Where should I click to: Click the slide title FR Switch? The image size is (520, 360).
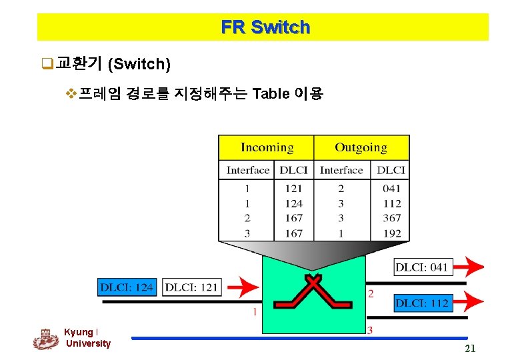pyautogui.click(x=265, y=27)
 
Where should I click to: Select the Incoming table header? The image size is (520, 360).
pyautogui.click(x=267, y=147)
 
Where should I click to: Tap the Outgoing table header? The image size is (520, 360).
pyautogui.click(x=361, y=147)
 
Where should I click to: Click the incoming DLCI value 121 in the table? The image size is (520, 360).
pyautogui.click(x=293, y=189)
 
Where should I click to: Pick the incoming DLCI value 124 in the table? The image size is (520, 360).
pyautogui.click(x=293, y=204)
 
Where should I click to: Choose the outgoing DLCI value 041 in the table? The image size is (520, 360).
pyautogui.click(x=392, y=189)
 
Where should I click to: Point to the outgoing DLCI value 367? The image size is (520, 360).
pyautogui.click(x=392, y=218)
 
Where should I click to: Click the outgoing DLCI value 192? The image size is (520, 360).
pyautogui.click(x=392, y=233)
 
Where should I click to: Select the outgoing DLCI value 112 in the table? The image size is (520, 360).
pyautogui.click(x=392, y=204)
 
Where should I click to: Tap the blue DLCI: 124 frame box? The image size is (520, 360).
pyautogui.click(x=127, y=287)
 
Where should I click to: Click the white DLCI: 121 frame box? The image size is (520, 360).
pyautogui.click(x=191, y=287)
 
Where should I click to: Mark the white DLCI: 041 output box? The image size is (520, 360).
pyautogui.click(x=422, y=267)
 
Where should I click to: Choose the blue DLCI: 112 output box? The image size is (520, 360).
pyautogui.click(x=422, y=303)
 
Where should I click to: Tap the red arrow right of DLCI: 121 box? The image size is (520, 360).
pyautogui.click(x=243, y=287)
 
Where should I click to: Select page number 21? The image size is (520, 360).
pyautogui.click(x=470, y=349)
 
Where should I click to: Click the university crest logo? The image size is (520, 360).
pyautogui.click(x=45, y=339)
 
